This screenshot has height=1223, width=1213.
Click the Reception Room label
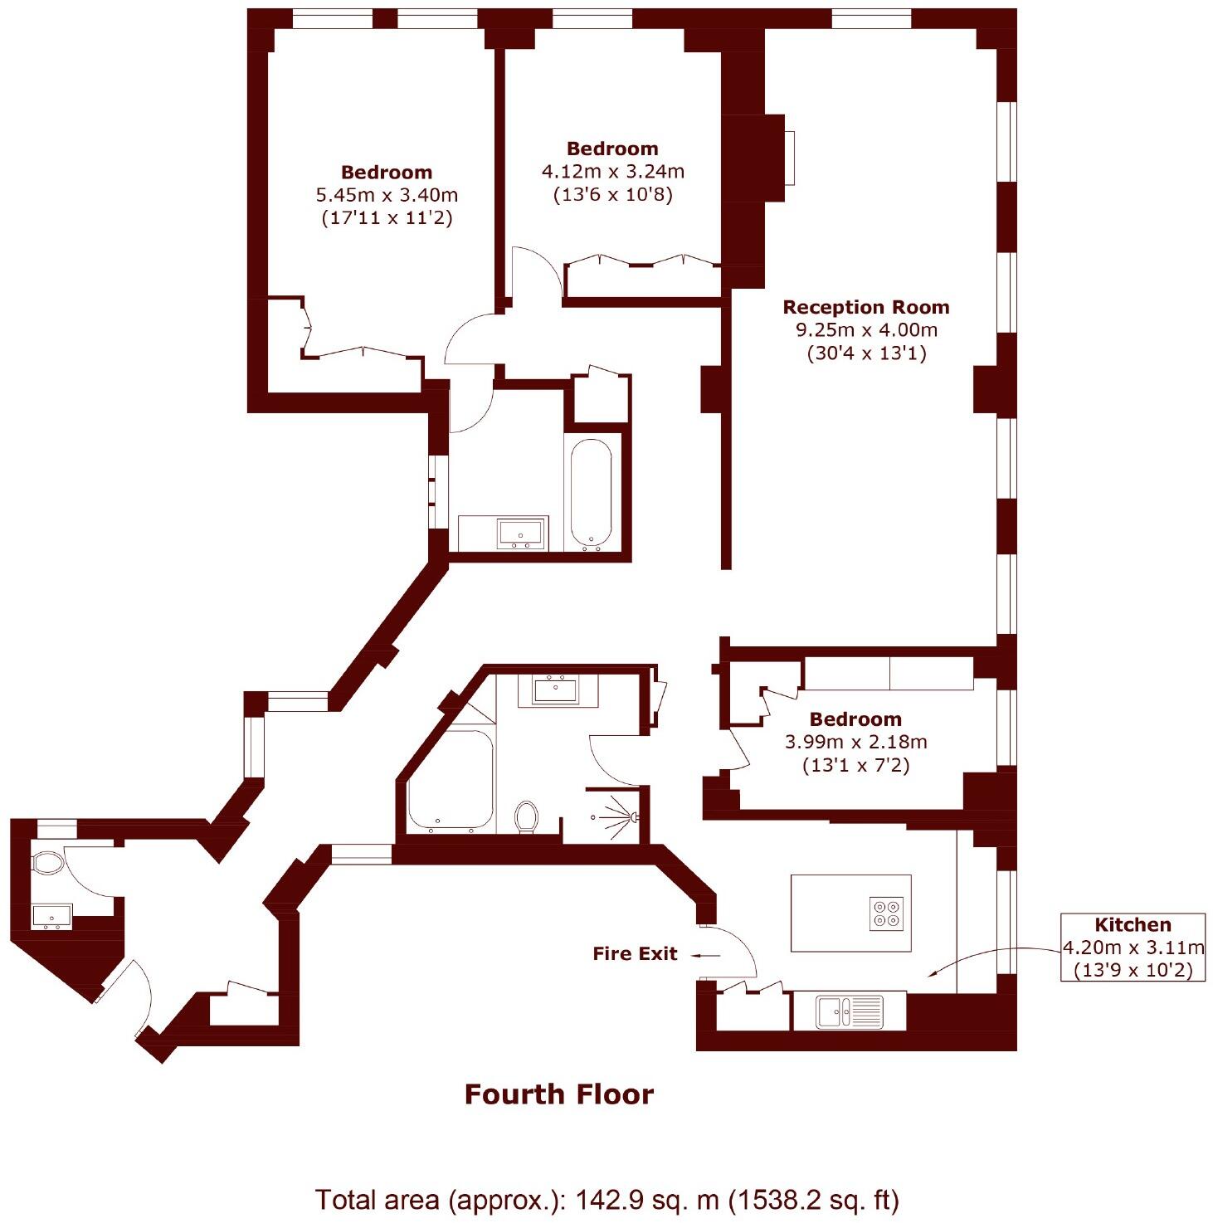pos(865,307)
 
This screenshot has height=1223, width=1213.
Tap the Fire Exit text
pos(635,954)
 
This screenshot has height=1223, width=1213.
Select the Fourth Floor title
pos(558,1094)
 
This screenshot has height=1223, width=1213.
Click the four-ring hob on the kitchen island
pos(886,913)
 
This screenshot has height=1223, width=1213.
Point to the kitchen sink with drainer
pos(849,1011)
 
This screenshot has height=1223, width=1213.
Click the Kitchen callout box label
pos(1133,925)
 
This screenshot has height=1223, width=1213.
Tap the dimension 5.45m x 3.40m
pos(387,196)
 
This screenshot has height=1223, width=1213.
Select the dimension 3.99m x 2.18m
pos(855,742)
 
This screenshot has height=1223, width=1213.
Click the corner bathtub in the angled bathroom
pos(449,780)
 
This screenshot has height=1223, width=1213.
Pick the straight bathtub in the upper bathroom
pos(592,495)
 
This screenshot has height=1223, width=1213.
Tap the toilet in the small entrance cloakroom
pos(48,863)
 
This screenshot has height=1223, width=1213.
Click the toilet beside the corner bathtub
pos(526,816)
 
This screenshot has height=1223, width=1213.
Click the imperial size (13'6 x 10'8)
pos(612,195)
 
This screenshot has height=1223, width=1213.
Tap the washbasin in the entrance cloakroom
pos(51,917)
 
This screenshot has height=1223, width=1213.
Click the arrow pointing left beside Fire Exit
pos(707,956)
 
